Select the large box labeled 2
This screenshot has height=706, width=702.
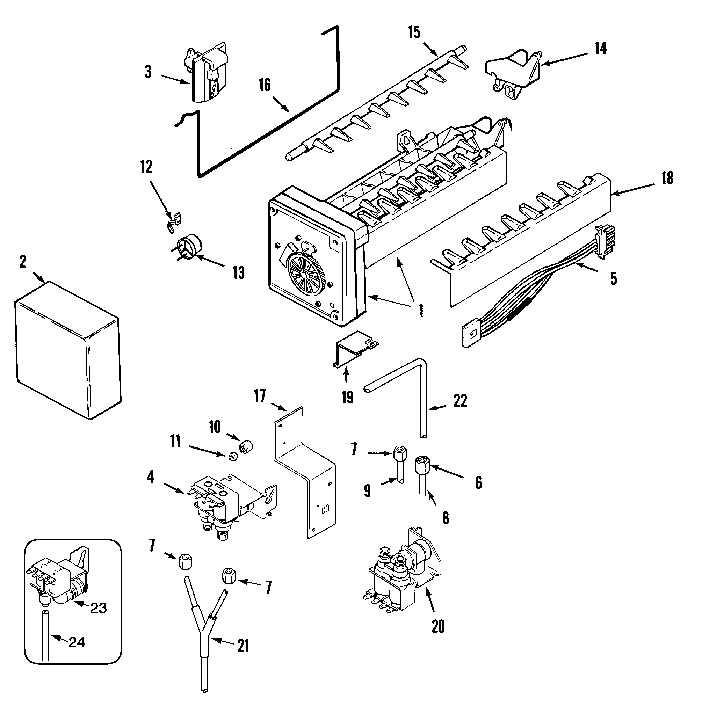tap(67, 351)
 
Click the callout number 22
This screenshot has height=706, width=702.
tap(460, 401)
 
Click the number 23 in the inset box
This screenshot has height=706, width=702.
tap(98, 608)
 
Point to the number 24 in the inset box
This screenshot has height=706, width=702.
tap(77, 642)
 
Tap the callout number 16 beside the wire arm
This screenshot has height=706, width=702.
tap(265, 85)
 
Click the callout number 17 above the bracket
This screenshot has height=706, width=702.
tap(260, 396)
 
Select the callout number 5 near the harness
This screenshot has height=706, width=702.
tap(613, 278)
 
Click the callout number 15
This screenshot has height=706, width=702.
tap(414, 32)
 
